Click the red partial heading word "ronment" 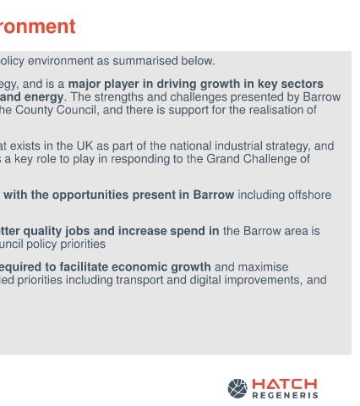37,26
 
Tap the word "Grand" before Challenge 223,159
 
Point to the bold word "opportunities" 90,195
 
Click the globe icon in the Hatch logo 237,388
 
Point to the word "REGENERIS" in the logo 285,395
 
